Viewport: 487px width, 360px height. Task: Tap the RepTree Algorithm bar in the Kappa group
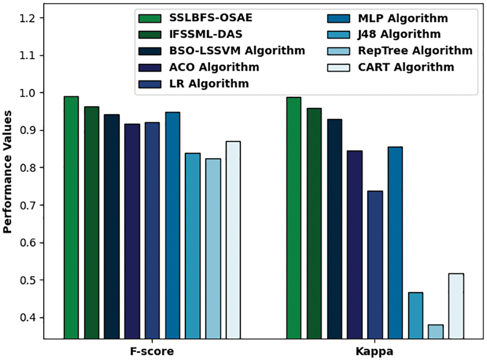(435, 331)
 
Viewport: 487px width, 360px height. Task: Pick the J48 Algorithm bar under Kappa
(415, 315)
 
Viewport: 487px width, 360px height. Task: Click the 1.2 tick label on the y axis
(31, 18)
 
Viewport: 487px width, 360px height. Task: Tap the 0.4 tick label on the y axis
(31, 318)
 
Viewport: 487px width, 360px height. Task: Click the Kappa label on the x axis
(375, 352)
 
